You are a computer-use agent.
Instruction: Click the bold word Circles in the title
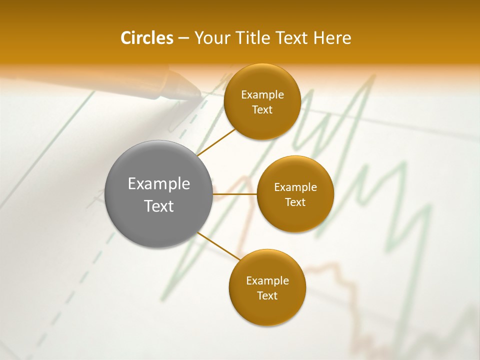(x=146, y=38)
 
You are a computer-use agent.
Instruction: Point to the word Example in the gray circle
(x=159, y=184)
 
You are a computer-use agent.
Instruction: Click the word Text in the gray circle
(x=159, y=206)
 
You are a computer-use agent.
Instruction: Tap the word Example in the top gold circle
(x=262, y=95)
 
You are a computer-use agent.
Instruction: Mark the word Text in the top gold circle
(x=262, y=110)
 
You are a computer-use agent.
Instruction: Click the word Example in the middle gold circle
(x=295, y=187)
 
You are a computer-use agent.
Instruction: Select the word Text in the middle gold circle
(x=295, y=202)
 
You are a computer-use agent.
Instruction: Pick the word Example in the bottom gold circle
(x=267, y=281)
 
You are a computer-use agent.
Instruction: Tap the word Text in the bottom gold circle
(x=267, y=296)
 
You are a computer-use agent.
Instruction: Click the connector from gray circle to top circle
(x=216, y=142)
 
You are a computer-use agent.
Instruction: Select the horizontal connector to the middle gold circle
(x=234, y=194)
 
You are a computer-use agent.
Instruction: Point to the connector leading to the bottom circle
(x=219, y=246)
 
